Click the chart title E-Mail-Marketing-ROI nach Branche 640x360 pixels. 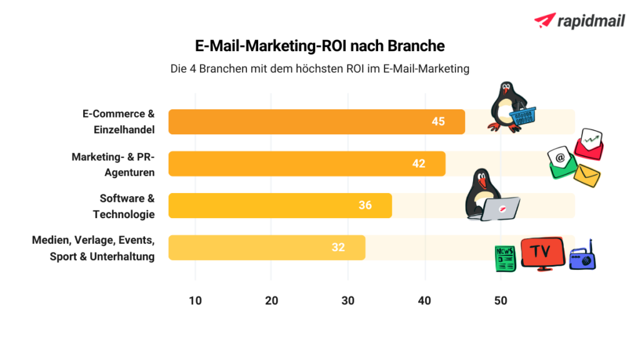(319, 46)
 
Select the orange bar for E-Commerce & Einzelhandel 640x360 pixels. (316, 122)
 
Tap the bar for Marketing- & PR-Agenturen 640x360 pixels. (306, 164)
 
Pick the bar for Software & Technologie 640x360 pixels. (280, 206)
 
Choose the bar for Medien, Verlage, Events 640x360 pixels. (266, 247)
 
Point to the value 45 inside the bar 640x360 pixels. (438, 121)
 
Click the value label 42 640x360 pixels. (419, 164)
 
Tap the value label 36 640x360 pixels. (365, 206)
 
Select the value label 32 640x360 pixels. (338, 247)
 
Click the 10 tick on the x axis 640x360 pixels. (195, 301)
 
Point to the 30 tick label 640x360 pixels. (347, 301)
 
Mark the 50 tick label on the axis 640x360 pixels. (501, 301)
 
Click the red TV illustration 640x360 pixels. (542, 253)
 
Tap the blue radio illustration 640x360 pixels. (582, 256)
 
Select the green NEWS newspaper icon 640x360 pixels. (505, 258)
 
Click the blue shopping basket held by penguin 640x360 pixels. (524, 116)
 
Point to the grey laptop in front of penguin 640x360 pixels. (502, 209)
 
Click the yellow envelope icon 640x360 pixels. (587, 175)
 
